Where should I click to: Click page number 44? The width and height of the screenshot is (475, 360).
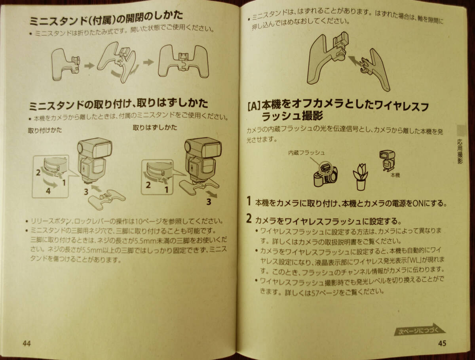click(x=27, y=343)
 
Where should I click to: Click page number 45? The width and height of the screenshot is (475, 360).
click(x=442, y=343)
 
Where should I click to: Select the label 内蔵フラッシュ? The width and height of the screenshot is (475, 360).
click(x=306, y=153)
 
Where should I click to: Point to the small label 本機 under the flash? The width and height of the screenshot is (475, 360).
click(x=395, y=175)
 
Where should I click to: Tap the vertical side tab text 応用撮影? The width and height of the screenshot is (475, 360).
click(x=460, y=152)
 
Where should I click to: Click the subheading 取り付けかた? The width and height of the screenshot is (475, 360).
click(x=45, y=130)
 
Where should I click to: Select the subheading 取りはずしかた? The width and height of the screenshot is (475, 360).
click(x=155, y=127)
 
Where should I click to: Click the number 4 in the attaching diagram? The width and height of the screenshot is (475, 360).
click(x=48, y=191)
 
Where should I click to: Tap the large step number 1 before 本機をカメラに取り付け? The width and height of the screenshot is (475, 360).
click(x=249, y=201)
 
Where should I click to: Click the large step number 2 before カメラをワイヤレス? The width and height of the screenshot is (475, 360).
click(x=249, y=219)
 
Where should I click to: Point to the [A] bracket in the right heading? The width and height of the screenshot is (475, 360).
click(x=254, y=107)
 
